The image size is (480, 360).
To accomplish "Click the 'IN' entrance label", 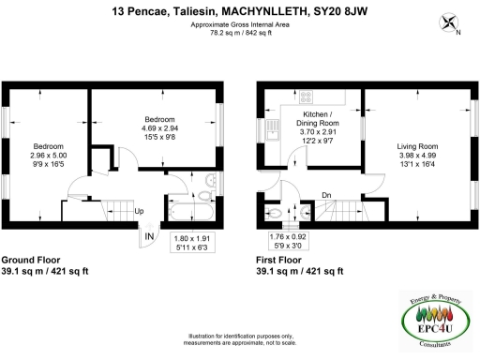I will [149, 238].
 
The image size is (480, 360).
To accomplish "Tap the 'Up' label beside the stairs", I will [140, 211].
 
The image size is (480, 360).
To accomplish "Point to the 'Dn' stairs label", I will [326, 195].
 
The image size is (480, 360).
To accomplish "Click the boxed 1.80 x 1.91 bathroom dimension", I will [194, 245].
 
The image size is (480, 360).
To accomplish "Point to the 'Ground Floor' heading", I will [35, 260].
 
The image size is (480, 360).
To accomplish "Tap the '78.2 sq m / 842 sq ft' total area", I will [239, 32].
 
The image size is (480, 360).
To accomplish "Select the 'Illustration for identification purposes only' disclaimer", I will [240, 337].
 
